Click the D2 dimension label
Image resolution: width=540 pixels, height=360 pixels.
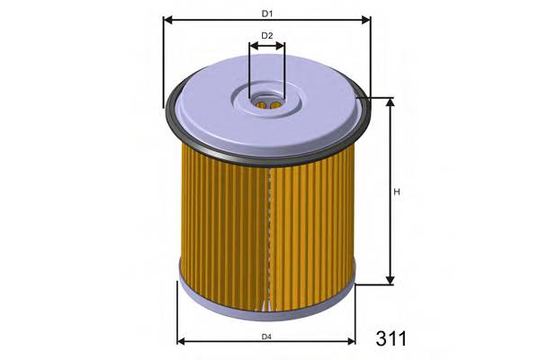[x=266, y=36]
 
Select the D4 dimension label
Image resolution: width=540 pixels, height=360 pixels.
[x=266, y=337]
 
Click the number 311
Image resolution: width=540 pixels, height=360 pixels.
[x=390, y=338]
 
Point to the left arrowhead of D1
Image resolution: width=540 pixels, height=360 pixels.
[x=167, y=19]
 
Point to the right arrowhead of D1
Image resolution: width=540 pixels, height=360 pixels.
[x=366, y=19]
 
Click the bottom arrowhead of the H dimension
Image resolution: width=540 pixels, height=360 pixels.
[x=391, y=280]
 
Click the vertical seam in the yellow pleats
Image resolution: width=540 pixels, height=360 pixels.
[x=268, y=234]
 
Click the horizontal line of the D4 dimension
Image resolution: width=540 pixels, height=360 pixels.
[x=225, y=342]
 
